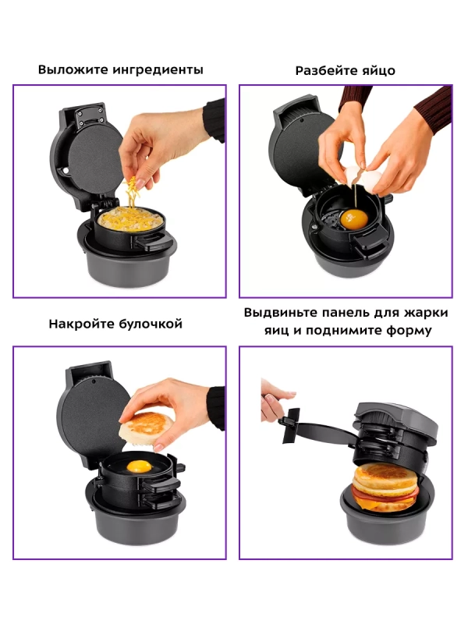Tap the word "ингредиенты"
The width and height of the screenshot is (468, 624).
158,70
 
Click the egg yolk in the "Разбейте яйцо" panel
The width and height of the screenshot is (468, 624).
354,220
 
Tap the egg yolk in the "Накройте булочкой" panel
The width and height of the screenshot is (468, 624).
139,466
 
